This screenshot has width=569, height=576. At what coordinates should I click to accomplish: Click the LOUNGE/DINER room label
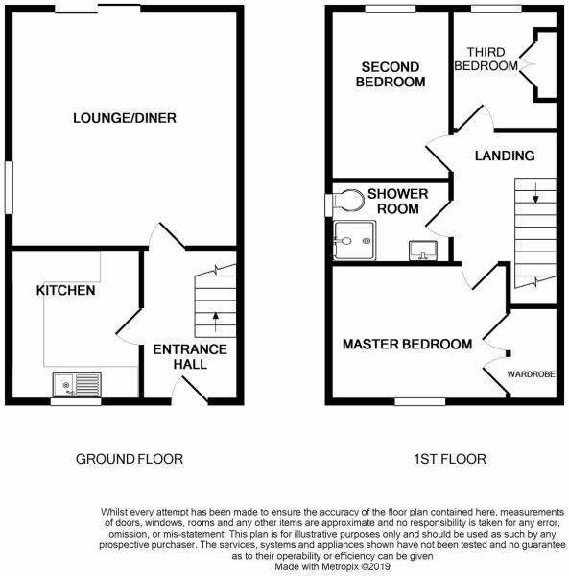125,118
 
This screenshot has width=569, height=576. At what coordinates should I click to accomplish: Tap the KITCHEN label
65,290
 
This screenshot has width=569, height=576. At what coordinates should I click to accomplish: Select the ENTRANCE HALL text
190,357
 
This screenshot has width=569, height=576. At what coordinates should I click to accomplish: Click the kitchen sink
76,385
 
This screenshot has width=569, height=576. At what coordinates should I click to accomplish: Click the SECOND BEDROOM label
390,74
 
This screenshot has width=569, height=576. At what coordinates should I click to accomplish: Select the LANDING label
505,156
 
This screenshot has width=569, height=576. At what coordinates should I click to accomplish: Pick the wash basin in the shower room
422,252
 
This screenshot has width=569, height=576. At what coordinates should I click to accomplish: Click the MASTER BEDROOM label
407,344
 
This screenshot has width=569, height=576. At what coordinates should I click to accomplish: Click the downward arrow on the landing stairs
535,198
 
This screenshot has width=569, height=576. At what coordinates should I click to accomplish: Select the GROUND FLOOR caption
129,460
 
